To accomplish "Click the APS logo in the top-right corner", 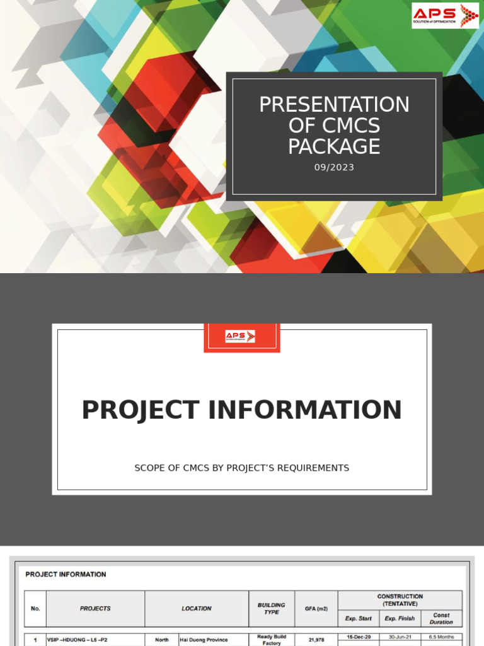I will click(x=444, y=16).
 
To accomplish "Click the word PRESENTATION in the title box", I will click(x=334, y=104).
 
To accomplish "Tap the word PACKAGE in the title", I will click(x=334, y=146).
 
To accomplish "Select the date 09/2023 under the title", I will click(x=334, y=167).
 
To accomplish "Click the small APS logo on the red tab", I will click(x=240, y=336).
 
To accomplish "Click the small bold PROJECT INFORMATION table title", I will click(x=66, y=574).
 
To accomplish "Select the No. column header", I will click(x=35, y=609).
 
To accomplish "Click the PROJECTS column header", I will click(x=95, y=609).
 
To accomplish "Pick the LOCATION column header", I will click(x=197, y=609).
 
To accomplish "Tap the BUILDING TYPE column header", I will click(x=271, y=609).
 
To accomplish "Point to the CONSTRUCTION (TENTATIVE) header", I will click(x=400, y=600).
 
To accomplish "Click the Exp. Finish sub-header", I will click(x=400, y=618).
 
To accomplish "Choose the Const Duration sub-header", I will click(x=441, y=618).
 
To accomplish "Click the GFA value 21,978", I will click(x=316, y=640).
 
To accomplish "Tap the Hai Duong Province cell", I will click(x=204, y=640).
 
